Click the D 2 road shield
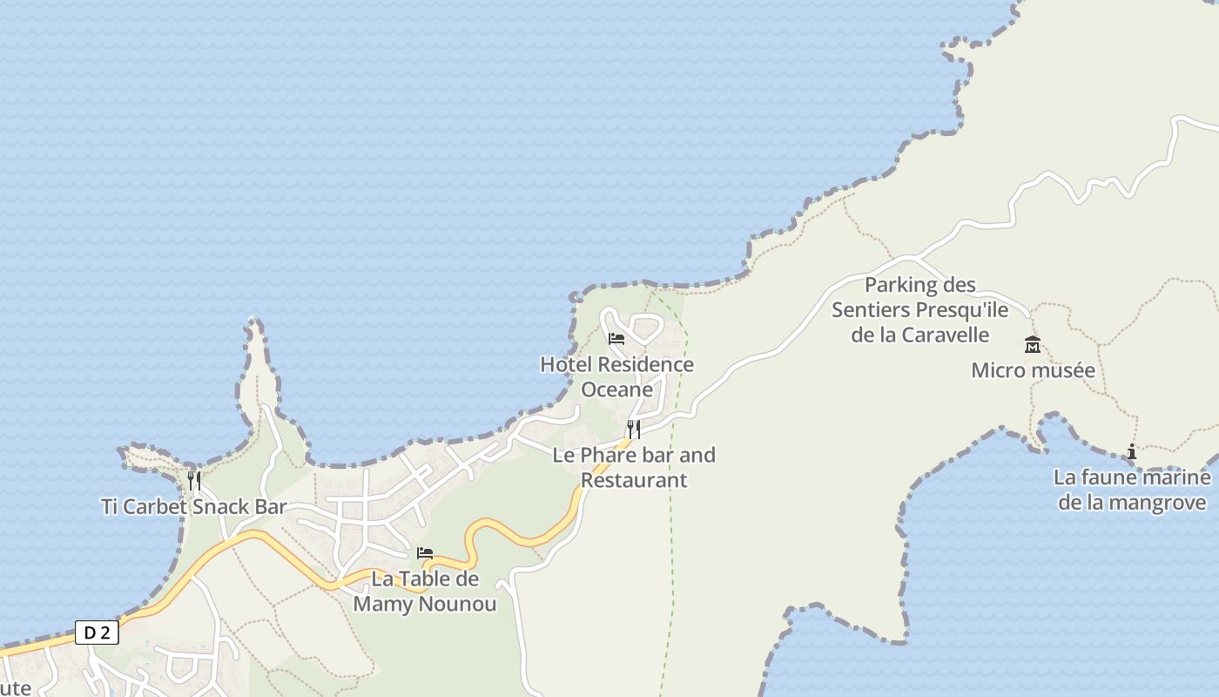click(x=97, y=633)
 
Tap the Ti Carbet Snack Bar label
click(x=193, y=507)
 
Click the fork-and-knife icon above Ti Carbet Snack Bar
click(x=194, y=480)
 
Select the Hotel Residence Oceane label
click(x=616, y=376)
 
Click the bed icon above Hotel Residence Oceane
click(x=616, y=338)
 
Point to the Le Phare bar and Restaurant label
click(x=634, y=467)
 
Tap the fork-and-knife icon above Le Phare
click(x=634, y=429)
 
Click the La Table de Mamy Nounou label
click(x=425, y=592)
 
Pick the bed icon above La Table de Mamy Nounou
click(x=425, y=552)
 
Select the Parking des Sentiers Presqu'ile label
click(x=919, y=309)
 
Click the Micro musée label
click(x=1033, y=370)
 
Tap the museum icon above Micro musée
click(x=1033, y=344)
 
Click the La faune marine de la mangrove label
click(x=1132, y=490)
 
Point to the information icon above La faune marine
click(x=1132, y=451)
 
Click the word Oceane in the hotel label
click(x=616, y=389)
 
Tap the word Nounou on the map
click(x=461, y=604)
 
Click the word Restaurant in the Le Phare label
click(x=634, y=480)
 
